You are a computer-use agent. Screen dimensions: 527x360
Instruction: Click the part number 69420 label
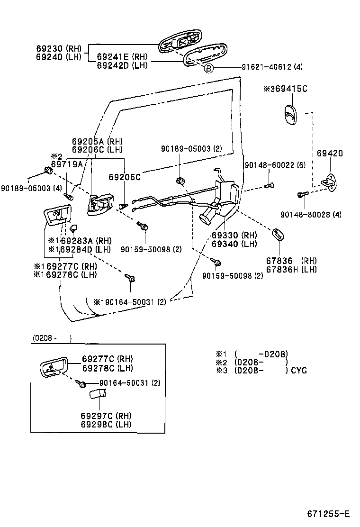tap(330, 154)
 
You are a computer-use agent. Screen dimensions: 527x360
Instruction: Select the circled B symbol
tap(209, 68)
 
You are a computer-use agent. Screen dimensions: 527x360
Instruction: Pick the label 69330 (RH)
tap(234, 236)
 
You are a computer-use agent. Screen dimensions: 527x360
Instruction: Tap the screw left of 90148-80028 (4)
tap(300, 194)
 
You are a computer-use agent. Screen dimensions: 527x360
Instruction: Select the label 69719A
tap(67, 164)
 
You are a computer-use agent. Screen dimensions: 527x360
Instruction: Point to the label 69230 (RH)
tap(58, 48)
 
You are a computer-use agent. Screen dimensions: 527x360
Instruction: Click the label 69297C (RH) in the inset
tap(106, 416)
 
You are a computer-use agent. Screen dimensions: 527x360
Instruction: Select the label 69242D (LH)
tap(122, 65)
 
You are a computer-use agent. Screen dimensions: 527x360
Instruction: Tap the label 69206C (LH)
tap(97, 149)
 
